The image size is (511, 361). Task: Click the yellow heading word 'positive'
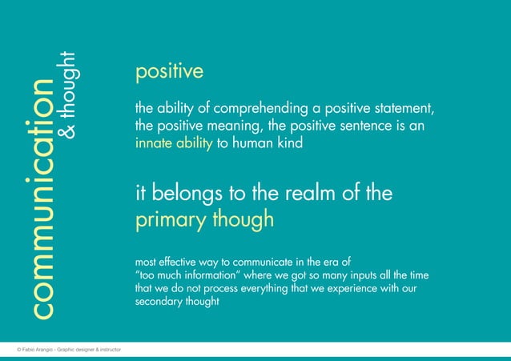169,73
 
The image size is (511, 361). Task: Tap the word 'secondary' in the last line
160,303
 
